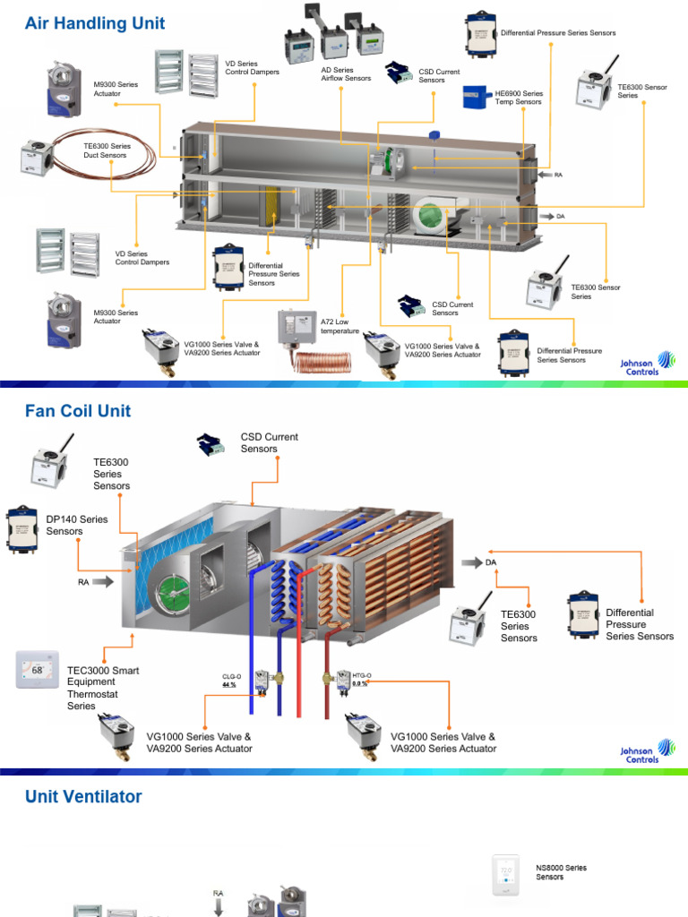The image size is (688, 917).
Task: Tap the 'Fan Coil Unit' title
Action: click(x=78, y=411)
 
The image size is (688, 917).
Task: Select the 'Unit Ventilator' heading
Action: click(x=83, y=796)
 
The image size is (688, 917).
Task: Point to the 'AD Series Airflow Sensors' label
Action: click(x=346, y=74)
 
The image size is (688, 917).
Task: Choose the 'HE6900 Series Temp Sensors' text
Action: click(x=519, y=98)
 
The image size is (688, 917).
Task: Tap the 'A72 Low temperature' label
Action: click(x=340, y=326)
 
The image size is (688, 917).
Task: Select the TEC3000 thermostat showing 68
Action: click(x=38, y=670)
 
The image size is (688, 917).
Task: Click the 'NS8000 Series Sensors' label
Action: click(x=561, y=872)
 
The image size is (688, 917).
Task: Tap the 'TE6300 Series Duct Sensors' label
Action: click(x=107, y=150)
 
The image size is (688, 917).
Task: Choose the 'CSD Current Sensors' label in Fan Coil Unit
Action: click(x=269, y=442)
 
